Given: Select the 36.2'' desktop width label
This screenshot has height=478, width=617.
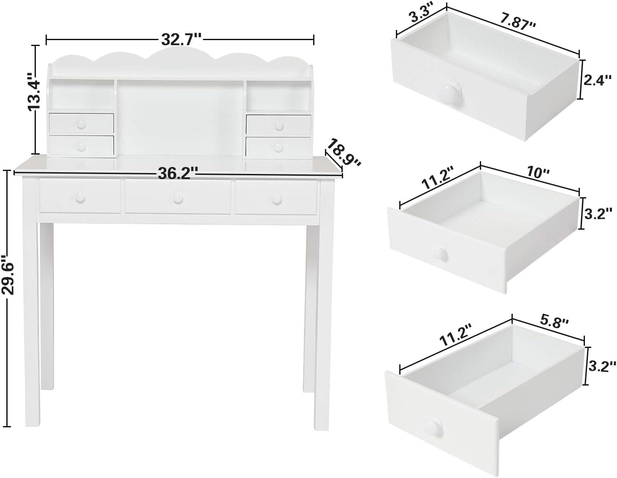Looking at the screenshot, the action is (178, 173).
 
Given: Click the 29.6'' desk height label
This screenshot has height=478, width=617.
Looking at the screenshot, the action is (8, 275).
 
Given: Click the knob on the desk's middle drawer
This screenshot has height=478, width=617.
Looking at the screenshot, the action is (178, 198).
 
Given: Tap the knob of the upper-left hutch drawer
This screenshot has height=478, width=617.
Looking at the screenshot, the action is (81, 124).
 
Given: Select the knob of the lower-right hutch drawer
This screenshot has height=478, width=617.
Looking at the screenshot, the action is (279, 147).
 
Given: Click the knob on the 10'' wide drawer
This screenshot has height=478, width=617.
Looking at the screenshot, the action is (441, 254).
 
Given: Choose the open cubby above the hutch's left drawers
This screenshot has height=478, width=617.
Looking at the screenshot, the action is (82, 95).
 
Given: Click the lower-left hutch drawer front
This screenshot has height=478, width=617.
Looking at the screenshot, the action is (81, 145).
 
